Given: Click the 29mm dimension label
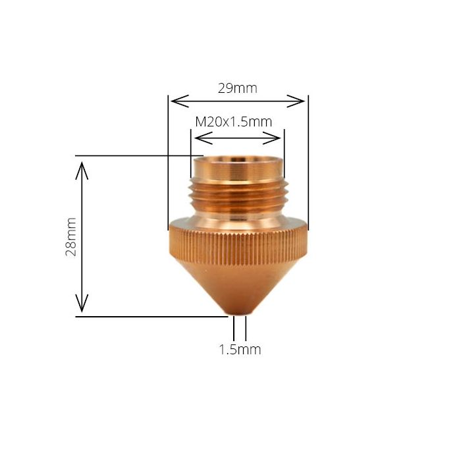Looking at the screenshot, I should [x=237, y=88].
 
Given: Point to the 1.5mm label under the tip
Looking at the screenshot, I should [x=240, y=350].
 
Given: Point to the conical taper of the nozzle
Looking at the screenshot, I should [x=238, y=283].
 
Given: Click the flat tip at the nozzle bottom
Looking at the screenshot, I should [x=239, y=312].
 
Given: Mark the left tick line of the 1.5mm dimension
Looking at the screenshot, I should [x=234, y=328].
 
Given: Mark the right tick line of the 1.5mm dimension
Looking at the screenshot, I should [x=246, y=328].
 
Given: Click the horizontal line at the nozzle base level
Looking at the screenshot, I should [x=151, y=317].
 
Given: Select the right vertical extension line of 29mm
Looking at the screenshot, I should [x=308, y=165].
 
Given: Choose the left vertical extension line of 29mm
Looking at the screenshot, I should [x=169, y=165].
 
